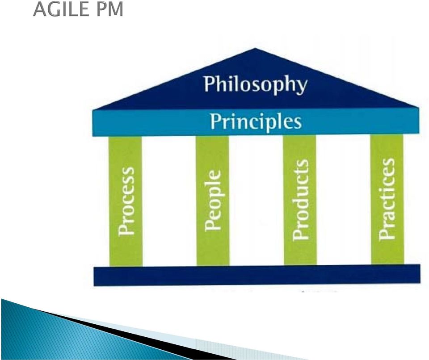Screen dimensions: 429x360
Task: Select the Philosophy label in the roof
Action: [x=256, y=84]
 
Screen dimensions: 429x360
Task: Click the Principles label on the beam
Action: [x=256, y=122]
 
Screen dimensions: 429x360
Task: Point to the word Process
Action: [x=126, y=201]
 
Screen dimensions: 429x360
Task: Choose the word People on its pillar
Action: [x=213, y=201]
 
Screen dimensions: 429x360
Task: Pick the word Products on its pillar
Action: [x=300, y=200]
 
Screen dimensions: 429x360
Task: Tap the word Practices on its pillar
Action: [x=387, y=199]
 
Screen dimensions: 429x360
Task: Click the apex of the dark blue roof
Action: [x=256, y=49]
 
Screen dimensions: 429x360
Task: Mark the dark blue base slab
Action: [x=257, y=275]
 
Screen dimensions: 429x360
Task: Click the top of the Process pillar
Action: [x=125, y=137]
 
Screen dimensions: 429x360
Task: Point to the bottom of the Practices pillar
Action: [x=387, y=264]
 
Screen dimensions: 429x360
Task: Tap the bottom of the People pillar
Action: [x=213, y=264]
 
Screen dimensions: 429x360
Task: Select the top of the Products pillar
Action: [x=299, y=136]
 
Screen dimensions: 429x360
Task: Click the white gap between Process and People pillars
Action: [x=169, y=201]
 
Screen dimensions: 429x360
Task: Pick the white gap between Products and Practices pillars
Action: [x=343, y=200]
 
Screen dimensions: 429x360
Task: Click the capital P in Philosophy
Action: [x=209, y=84]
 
